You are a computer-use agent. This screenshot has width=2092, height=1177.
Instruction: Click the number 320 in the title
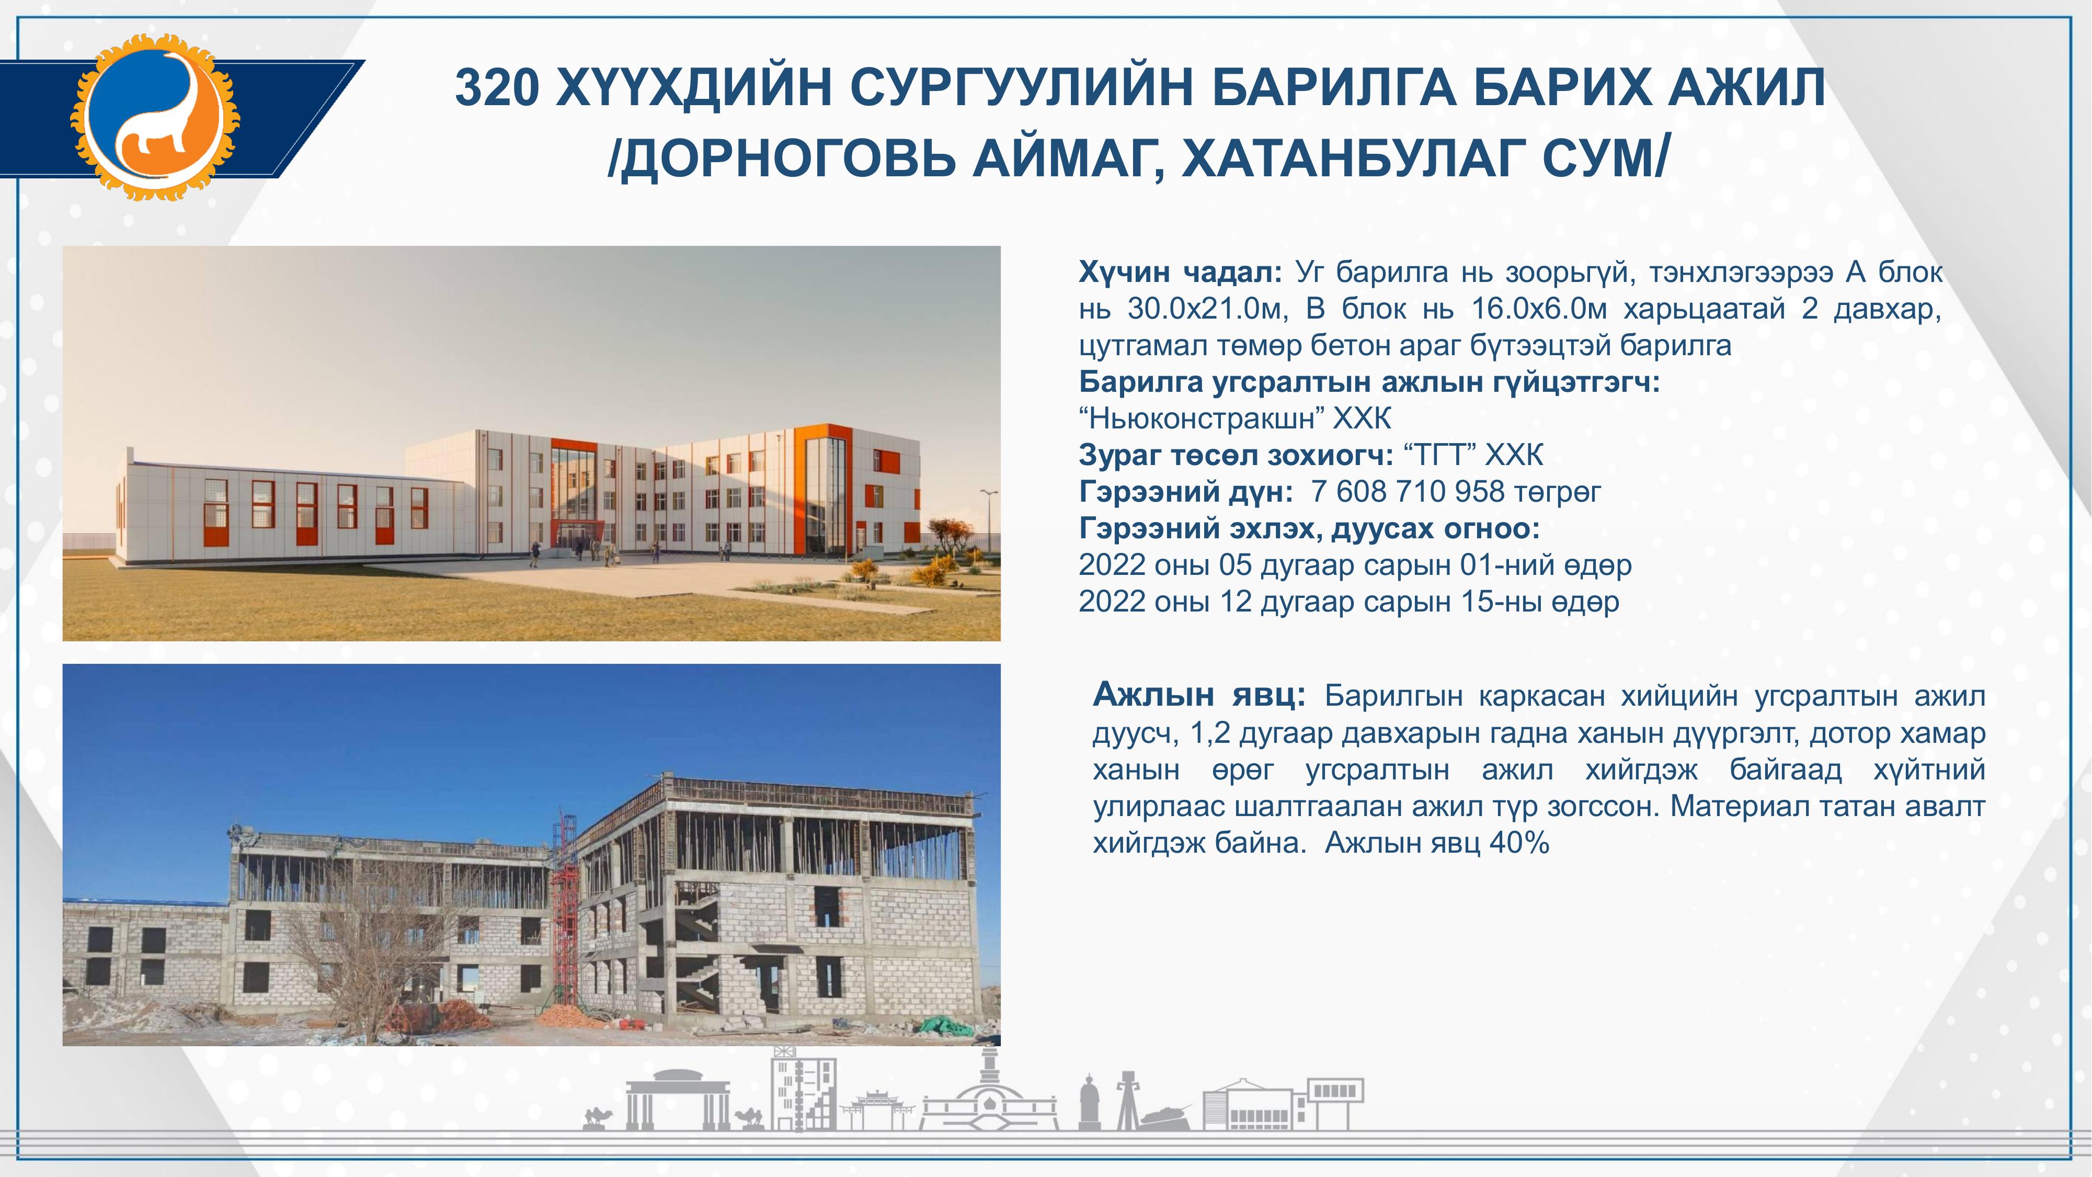pyautogui.click(x=497, y=88)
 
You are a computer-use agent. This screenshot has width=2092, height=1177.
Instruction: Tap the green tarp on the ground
pyautogui.click(x=946, y=1025)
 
